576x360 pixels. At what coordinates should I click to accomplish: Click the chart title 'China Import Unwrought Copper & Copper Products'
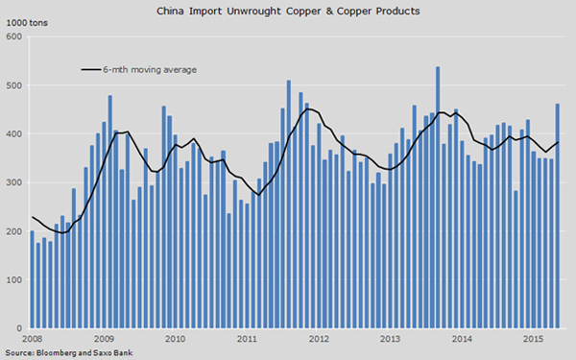[288, 11]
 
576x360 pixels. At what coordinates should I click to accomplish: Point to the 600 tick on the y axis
[14, 36]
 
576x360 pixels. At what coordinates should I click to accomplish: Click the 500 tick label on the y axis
[14, 85]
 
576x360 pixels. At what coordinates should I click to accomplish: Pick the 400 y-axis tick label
[14, 134]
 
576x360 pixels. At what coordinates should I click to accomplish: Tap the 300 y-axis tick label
[14, 182]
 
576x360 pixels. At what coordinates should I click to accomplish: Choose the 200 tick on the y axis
[14, 231]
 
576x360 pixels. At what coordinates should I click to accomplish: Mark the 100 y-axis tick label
[14, 280]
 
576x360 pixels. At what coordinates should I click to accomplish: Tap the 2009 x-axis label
[105, 339]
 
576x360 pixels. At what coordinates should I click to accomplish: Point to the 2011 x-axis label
[247, 339]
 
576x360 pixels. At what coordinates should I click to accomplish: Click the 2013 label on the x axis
[390, 339]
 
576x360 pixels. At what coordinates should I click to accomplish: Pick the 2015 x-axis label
[532, 339]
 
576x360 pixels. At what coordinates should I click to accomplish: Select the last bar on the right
[558, 216]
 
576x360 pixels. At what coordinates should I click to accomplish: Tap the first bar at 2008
[32, 279]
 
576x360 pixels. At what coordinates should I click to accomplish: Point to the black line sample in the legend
[90, 70]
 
